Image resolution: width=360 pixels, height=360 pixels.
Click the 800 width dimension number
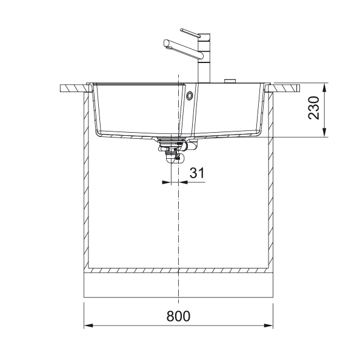178,316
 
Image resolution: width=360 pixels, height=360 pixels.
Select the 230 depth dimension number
313,108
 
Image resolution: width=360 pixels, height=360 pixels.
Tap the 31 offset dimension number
197,173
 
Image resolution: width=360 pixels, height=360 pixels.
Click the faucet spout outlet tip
167,44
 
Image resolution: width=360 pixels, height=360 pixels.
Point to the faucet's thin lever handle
190,33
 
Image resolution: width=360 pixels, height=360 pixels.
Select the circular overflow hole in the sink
190,96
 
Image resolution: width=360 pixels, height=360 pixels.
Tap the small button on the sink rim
230,81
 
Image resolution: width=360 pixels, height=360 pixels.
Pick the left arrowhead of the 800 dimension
88,325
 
